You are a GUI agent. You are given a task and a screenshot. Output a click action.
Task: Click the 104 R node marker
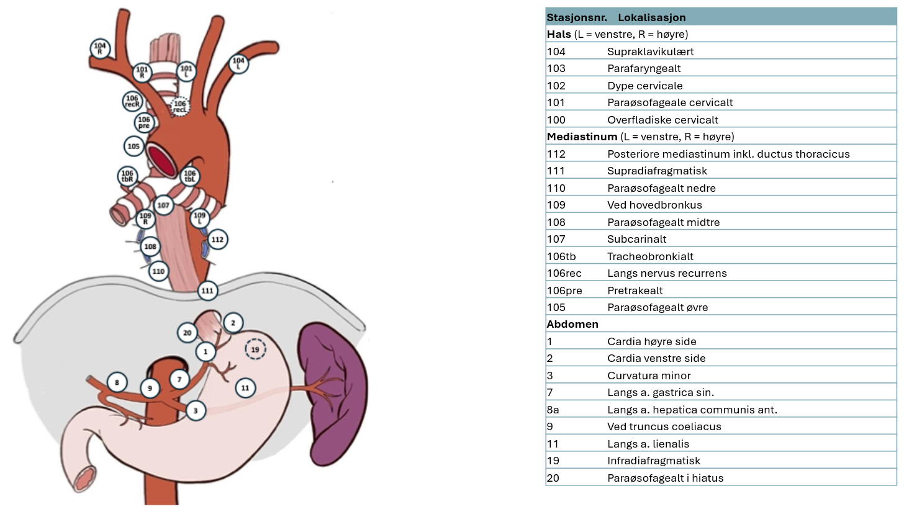(99, 48)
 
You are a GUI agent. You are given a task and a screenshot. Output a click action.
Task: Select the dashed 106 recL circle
(180, 107)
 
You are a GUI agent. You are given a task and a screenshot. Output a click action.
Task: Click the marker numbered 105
(133, 146)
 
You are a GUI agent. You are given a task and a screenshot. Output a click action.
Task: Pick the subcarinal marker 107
(163, 204)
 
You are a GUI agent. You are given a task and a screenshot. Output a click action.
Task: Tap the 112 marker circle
(217, 239)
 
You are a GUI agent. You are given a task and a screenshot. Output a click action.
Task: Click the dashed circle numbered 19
(255, 350)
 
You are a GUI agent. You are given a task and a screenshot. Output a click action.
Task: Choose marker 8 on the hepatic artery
(117, 382)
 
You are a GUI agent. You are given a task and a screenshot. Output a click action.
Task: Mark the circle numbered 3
(196, 410)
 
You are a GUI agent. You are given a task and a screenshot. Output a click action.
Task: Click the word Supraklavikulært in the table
(650, 52)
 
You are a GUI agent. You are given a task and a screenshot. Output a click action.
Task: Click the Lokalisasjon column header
(651, 17)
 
